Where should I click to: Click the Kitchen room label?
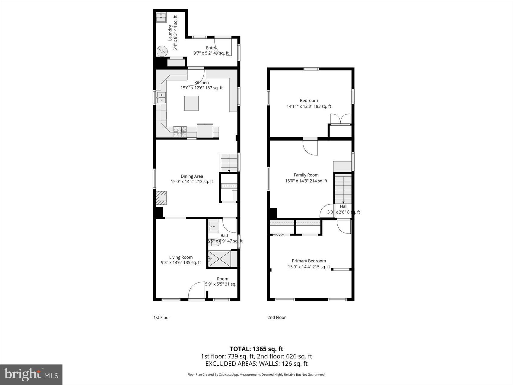click(201, 82)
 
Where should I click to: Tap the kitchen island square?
click(191, 103)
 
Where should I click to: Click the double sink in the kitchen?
click(161, 98)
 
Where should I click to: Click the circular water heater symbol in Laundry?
click(162, 51)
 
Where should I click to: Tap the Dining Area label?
click(192, 176)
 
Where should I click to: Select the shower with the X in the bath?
click(219, 259)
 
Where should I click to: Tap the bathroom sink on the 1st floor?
click(214, 226)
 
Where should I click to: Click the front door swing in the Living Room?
click(196, 291)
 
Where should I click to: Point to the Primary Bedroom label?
click(309, 261)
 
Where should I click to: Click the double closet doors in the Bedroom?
click(340, 119)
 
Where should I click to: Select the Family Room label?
click(306, 175)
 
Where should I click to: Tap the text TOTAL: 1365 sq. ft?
click(256, 349)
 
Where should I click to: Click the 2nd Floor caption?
click(276, 317)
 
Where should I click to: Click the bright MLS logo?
click(31, 374)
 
